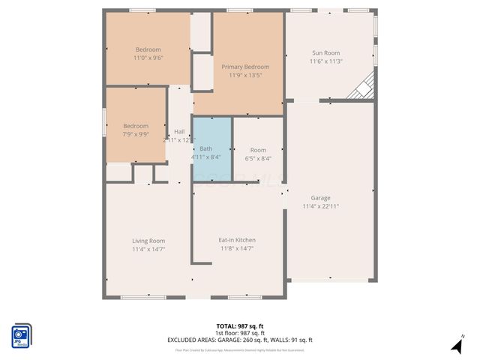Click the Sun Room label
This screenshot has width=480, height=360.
(x=326, y=53)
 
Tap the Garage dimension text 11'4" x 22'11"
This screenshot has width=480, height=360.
(x=321, y=206)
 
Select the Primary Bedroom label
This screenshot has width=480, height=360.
(x=244, y=67)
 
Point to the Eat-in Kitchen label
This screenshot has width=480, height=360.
(x=237, y=240)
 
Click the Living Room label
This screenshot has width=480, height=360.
(x=148, y=241)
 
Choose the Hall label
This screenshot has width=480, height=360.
(x=179, y=131)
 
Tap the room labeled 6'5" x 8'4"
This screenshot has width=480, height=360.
(x=258, y=154)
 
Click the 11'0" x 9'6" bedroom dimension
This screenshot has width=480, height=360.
(x=148, y=58)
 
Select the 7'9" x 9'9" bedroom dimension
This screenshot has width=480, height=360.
(x=136, y=135)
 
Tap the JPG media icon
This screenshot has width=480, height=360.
(x=21, y=334)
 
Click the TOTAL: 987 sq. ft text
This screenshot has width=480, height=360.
(x=239, y=326)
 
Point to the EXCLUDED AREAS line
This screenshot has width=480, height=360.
(x=239, y=340)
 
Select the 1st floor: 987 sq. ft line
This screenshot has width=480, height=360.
(x=239, y=333)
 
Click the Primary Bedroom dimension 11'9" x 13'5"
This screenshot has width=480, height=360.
(x=244, y=75)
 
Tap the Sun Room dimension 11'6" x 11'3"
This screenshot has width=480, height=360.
(x=326, y=61)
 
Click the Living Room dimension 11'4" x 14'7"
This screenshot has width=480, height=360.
(x=148, y=249)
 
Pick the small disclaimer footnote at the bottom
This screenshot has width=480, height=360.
(x=239, y=349)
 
